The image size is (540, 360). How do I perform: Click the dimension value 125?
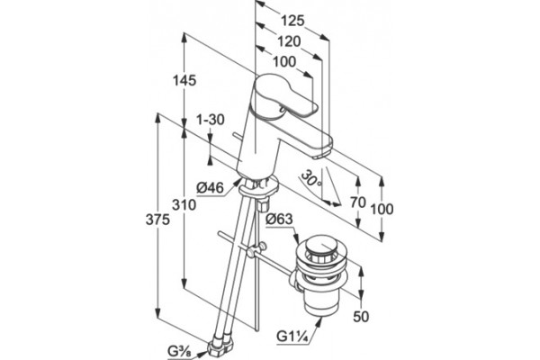click(x=292, y=21)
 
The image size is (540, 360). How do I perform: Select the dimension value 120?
click(x=289, y=41)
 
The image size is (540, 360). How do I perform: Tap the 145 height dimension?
click(x=184, y=80)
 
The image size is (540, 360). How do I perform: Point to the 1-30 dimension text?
click(x=211, y=120)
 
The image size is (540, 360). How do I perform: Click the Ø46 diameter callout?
click(x=210, y=188)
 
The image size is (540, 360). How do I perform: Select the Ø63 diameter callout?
click(x=279, y=219)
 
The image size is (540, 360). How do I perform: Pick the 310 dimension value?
click(x=184, y=205)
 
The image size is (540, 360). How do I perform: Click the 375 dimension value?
click(x=157, y=220)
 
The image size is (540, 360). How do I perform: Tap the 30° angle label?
click(x=311, y=179)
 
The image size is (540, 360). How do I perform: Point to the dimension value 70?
click(x=358, y=202)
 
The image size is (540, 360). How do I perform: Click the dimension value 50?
click(x=361, y=317)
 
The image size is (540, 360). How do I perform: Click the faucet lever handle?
click(x=285, y=95)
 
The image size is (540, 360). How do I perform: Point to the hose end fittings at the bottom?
click(x=221, y=346)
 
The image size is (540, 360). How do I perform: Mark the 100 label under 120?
click(x=284, y=62)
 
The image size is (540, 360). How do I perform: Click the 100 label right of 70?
click(x=382, y=209)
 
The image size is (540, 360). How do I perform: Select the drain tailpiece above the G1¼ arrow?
click(x=320, y=303)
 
